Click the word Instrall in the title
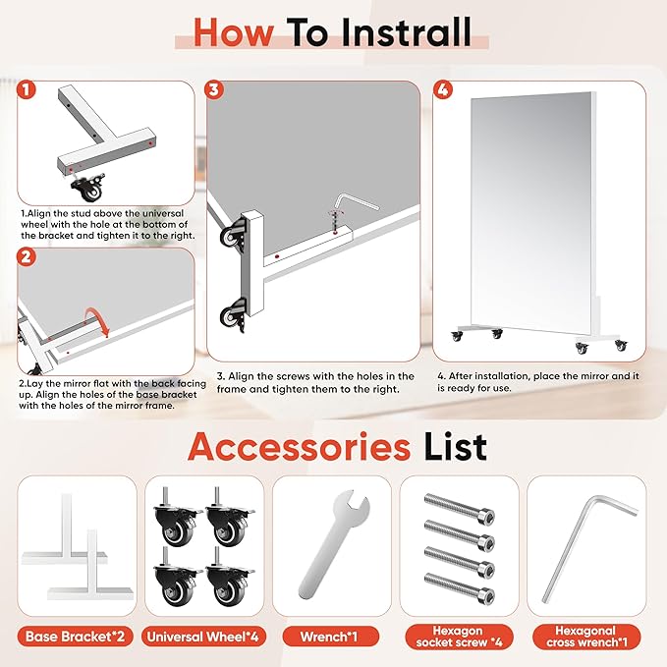click(x=407, y=32)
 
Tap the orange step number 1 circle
click(x=27, y=89)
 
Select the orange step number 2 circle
click(x=27, y=257)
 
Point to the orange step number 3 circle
click(x=214, y=89)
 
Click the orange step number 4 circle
click(x=442, y=89)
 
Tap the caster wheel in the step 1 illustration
click(x=88, y=188)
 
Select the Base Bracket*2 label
click(x=76, y=637)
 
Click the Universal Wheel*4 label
click(x=203, y=637)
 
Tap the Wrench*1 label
click(x=329, y=637)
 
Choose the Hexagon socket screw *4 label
click(x=459, y=637)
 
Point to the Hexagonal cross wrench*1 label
click(x=586, y=637)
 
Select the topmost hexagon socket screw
click(x=460, y=508)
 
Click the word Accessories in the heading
click(x=299, y=447)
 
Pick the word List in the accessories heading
click(x=455, y=447)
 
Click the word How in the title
click(x=234, y=32)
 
